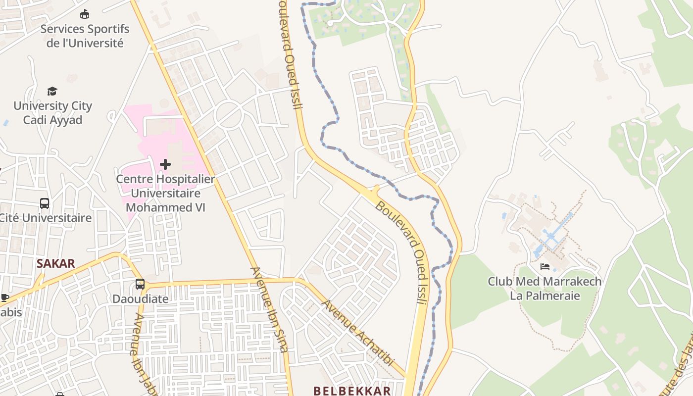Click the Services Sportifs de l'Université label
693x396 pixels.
tap(85, 36)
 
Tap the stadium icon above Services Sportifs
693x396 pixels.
tap(85, 14)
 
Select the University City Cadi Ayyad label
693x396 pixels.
tap(52, 113)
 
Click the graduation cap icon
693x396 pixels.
tap(52, 91)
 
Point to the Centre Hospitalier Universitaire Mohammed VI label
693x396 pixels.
tap(165, 193)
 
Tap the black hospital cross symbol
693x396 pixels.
tap(165, 164)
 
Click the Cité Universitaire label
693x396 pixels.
tap(46, 218)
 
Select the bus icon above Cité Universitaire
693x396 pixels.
tap(45, 203)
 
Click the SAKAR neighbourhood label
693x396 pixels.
tap(55, 263)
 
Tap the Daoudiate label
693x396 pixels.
tap(140, 299)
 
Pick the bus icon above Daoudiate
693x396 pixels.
tap(140, 284)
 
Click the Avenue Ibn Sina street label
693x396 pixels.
tap(269, 309)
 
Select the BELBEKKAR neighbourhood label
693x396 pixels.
tap(352, 391)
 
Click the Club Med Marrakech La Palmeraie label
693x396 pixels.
tap(544, 289)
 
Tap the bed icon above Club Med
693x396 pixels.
tap(545, 267)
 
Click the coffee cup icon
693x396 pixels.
tap(4, 297)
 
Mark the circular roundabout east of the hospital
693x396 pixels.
tap(228, 115)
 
